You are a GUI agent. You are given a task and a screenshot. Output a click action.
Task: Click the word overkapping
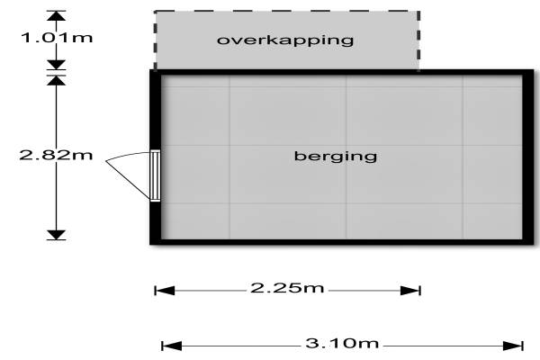284,40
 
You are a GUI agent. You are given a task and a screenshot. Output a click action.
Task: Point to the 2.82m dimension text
56,155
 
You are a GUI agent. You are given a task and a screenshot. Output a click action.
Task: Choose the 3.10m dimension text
343,344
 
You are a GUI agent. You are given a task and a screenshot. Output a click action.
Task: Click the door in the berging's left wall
155,175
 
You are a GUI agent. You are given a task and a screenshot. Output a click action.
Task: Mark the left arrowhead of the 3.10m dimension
166,345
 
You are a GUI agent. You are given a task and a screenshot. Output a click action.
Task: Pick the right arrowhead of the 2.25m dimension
415,290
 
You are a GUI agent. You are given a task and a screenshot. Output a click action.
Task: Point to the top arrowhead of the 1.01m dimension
57,16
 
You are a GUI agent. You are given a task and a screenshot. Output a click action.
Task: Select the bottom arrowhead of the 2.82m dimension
57,234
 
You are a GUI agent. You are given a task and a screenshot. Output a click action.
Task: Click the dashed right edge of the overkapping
418,40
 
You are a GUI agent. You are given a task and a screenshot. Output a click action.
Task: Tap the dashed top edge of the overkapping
286,12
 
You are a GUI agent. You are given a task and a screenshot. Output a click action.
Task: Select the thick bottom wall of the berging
337,241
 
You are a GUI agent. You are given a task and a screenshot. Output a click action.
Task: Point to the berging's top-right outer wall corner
526,71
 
